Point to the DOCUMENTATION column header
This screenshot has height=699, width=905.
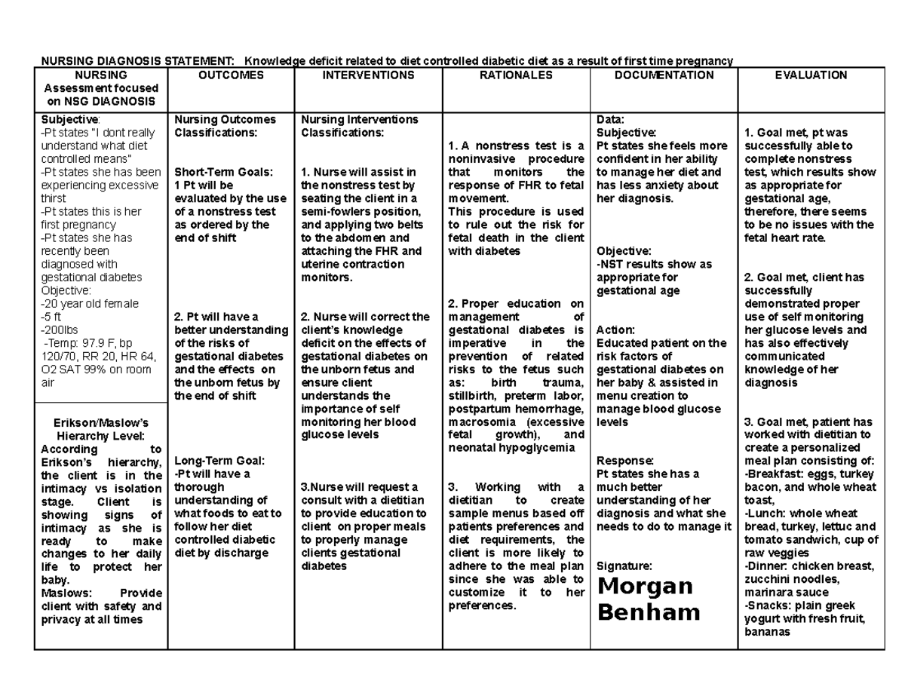pyautogui.click(x=664, y=75)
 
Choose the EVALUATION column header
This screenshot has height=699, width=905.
pyautogui.click(x=811, y=75)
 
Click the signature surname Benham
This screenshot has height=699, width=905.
pyautogui.click(x=649, y=612)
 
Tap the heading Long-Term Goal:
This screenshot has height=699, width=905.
pyautogui.click(x=212, y=461)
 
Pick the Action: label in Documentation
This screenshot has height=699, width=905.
pyautogui.click(x=615, y=330)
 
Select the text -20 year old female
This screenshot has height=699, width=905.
pyautogui.click(x=90, y=304)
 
